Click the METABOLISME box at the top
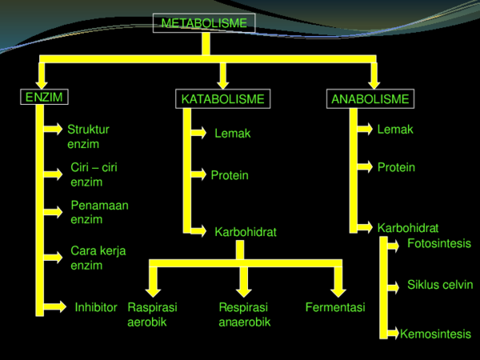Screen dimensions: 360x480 coord(204,24)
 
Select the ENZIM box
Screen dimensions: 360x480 coord(43,98)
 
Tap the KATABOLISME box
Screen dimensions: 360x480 coord(222,99)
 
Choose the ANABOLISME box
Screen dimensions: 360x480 coord(370,99)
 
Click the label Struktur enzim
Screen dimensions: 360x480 coord(88,136)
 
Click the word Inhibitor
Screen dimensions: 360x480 coord(96,307)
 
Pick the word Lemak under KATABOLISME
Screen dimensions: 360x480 coord(232,134)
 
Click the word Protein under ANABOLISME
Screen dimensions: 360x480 coord(396,168)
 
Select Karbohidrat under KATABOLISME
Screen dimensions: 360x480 coord(246,232)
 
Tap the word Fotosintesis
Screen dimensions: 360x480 coord(439,243)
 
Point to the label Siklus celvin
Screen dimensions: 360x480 coord(440,285)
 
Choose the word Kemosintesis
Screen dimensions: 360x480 coord(435,334)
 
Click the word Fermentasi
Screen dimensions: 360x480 coord(335,307)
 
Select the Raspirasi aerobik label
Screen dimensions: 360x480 coord(152,314)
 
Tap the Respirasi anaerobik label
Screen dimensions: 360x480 coord(244,314)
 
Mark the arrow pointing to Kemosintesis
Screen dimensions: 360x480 coord(393,331)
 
